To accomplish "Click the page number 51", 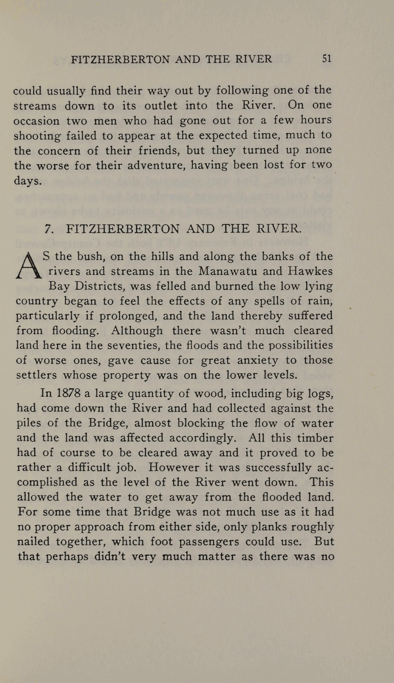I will [x=326, y=58].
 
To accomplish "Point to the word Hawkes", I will [x=310, y=271].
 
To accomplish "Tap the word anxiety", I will [x=257, y=360].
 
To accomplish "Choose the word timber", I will [x=315, y=438].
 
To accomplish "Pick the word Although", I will [x=137, y=330].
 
